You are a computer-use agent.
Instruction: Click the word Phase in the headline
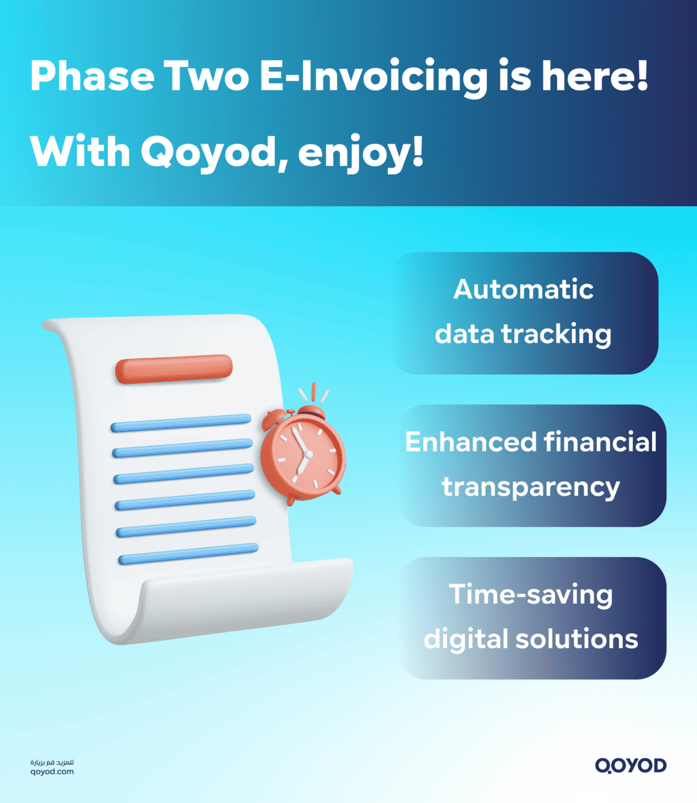point(91,76)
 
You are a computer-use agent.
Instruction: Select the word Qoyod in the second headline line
point(209,152)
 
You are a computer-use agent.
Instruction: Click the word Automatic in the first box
point(523,290)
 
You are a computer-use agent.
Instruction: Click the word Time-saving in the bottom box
point(531,595)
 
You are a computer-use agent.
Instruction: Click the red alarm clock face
point(304,453)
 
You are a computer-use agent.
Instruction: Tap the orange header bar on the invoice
point(174,368)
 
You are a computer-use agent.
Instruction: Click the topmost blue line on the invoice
point(181,423)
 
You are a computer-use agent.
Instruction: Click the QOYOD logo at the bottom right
point(630,765)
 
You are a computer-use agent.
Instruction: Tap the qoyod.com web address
point(52,772)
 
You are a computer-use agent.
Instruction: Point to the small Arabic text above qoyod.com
point(52,761)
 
